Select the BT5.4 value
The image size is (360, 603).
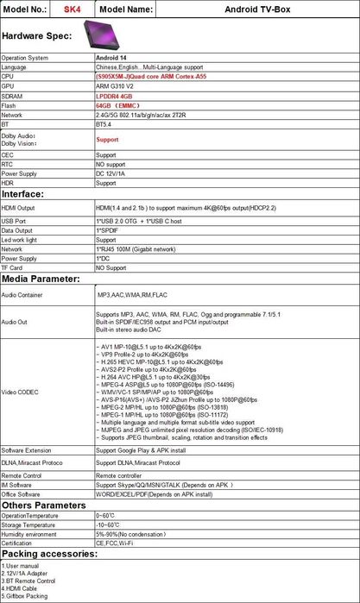pyautogui.click(x=104, y=124)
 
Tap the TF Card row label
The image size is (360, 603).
pyautogui.click(x=15, y=267)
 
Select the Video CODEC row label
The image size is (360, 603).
pyautogui.click(x=20, y=391)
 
